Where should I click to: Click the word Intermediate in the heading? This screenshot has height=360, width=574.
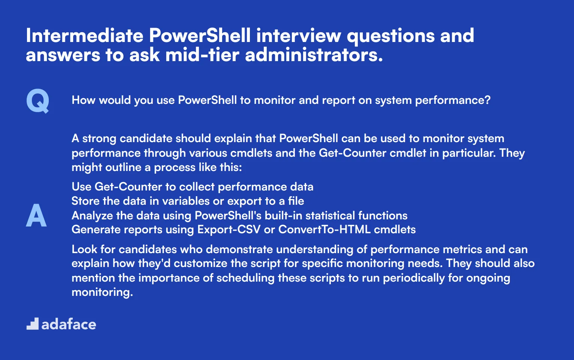84,36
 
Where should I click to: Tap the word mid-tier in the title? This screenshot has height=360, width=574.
202,55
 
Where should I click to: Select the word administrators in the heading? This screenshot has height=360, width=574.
314,55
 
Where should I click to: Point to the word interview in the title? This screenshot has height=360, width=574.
299,36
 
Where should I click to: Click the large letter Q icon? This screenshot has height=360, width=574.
38,101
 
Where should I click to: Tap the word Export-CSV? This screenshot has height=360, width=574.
229,229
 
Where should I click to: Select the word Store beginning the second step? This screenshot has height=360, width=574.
86,201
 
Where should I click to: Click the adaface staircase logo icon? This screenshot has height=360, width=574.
32,324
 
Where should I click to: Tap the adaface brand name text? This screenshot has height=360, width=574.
69,324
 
